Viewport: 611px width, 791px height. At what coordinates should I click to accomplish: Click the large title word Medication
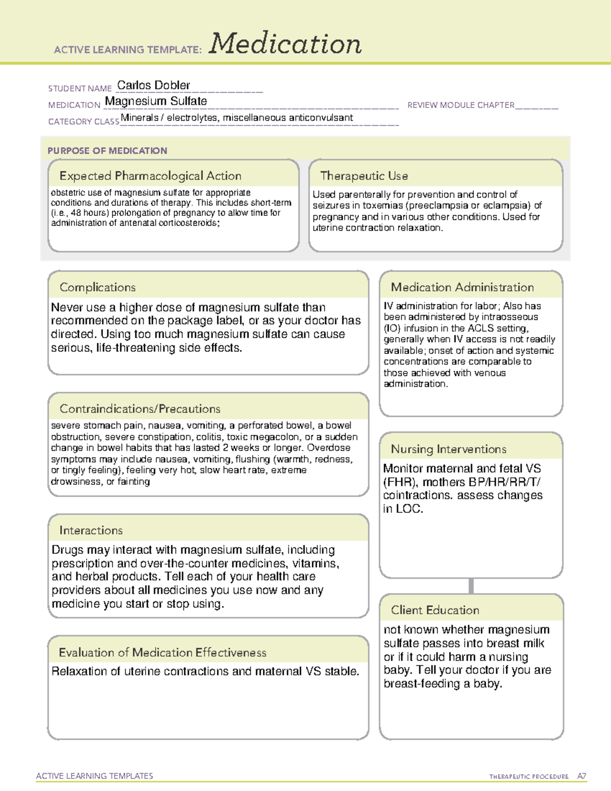[285, 44]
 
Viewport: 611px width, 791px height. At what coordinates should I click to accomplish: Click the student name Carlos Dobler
[153, 85]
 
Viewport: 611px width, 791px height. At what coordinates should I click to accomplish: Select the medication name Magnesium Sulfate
[156, 101]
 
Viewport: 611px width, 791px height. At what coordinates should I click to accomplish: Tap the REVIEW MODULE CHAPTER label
[460, 105]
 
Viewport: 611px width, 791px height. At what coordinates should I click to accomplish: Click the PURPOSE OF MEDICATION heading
[107, 151]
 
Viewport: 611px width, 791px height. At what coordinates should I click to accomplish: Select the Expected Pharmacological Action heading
[150, 176]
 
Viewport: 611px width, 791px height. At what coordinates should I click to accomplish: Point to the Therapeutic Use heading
[364, 176]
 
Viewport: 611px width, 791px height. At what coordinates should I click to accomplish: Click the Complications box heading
[97, 287]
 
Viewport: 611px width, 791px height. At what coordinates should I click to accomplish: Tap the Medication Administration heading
[462, 287]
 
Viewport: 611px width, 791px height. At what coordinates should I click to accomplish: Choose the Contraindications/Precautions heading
[140, 408]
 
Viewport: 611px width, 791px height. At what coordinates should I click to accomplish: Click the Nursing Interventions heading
[448, 449]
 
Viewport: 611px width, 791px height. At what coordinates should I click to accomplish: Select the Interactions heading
[91, 530]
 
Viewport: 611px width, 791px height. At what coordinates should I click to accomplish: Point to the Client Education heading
[435, 610]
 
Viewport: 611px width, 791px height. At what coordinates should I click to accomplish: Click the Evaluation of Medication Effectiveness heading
[162, 652]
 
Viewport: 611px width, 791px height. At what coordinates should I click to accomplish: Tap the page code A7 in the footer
[581, 776]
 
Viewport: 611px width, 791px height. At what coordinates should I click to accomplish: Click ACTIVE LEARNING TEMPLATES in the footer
[94, 776]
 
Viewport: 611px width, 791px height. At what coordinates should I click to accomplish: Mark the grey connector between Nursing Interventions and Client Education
[471, 586]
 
